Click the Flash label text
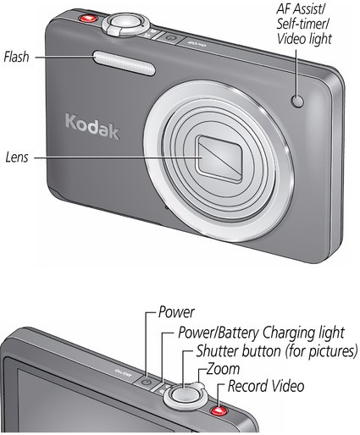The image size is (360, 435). click(x=16, y=57)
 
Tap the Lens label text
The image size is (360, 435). click(x=17, y=157)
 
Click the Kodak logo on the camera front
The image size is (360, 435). click(x=92, y=127)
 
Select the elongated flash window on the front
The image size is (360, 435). click(x=125, y=63)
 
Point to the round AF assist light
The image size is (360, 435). click(x=297, y=102)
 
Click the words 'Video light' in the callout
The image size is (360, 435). click(x=304, y=39)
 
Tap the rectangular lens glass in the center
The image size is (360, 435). click(x=219, y=159)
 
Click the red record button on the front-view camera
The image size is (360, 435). click(x=88, y=19)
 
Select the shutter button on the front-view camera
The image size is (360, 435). click(x=125, y=23)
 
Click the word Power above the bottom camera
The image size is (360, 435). click(x=176, y=312)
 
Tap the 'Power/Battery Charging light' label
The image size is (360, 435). click(x=261, y=333)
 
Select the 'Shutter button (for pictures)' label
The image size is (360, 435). click(x=277, y=351)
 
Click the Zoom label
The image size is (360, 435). click(x=223, y=369)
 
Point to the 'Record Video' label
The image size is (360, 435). click(x=266, y=386)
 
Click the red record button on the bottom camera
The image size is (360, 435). click(x=219, y=410)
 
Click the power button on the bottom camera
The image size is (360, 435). click(x=147, y=383)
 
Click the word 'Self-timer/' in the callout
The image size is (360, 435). click(x=302, y=24)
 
